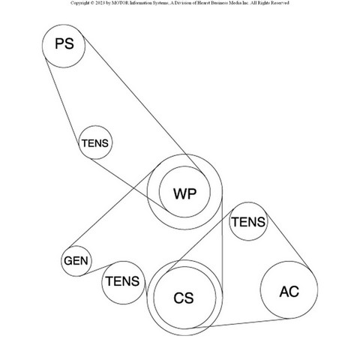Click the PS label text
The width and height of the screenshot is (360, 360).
tap(64, 43)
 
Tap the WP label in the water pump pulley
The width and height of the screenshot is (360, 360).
tap(185, 193)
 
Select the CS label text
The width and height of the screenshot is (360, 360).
tap(184, 298)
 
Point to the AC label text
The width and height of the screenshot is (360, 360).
tap(289, 292)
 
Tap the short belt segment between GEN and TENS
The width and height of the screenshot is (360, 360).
tap(97, 269)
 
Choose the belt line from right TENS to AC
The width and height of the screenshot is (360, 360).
tap(288, 241)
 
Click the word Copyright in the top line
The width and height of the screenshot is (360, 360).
tap(79, 3)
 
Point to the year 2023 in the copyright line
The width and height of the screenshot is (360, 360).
tap(100, 3)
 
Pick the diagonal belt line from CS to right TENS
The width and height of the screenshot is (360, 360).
tap(199, 241)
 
